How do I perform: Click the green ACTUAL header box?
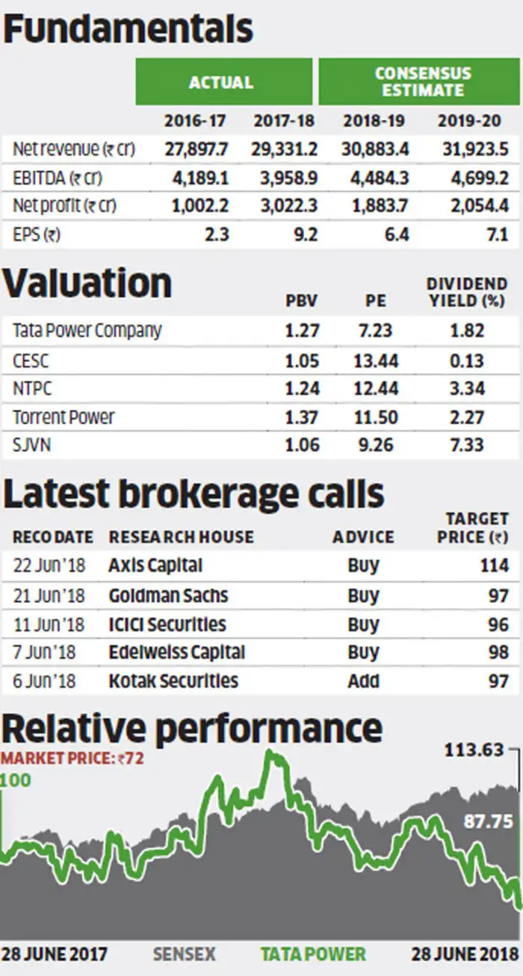tap(221, 82)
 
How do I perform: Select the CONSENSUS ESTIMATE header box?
tap(423, 82)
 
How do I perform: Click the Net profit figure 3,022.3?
tap(285, 206)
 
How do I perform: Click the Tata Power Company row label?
tap(87, 330)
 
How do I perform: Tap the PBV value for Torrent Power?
tap(302, 417)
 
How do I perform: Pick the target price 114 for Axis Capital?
tap(495, 565)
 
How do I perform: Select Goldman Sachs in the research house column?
tap(168, 595)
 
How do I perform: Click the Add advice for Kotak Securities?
tap(363, 681)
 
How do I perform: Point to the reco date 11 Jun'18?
tap(49, 624)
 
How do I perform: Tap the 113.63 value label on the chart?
tap(474, 749)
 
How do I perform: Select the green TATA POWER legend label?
tap(313, 954)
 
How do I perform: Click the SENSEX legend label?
tap(184, 954)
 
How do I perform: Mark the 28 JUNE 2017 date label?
tap(55, 954)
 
